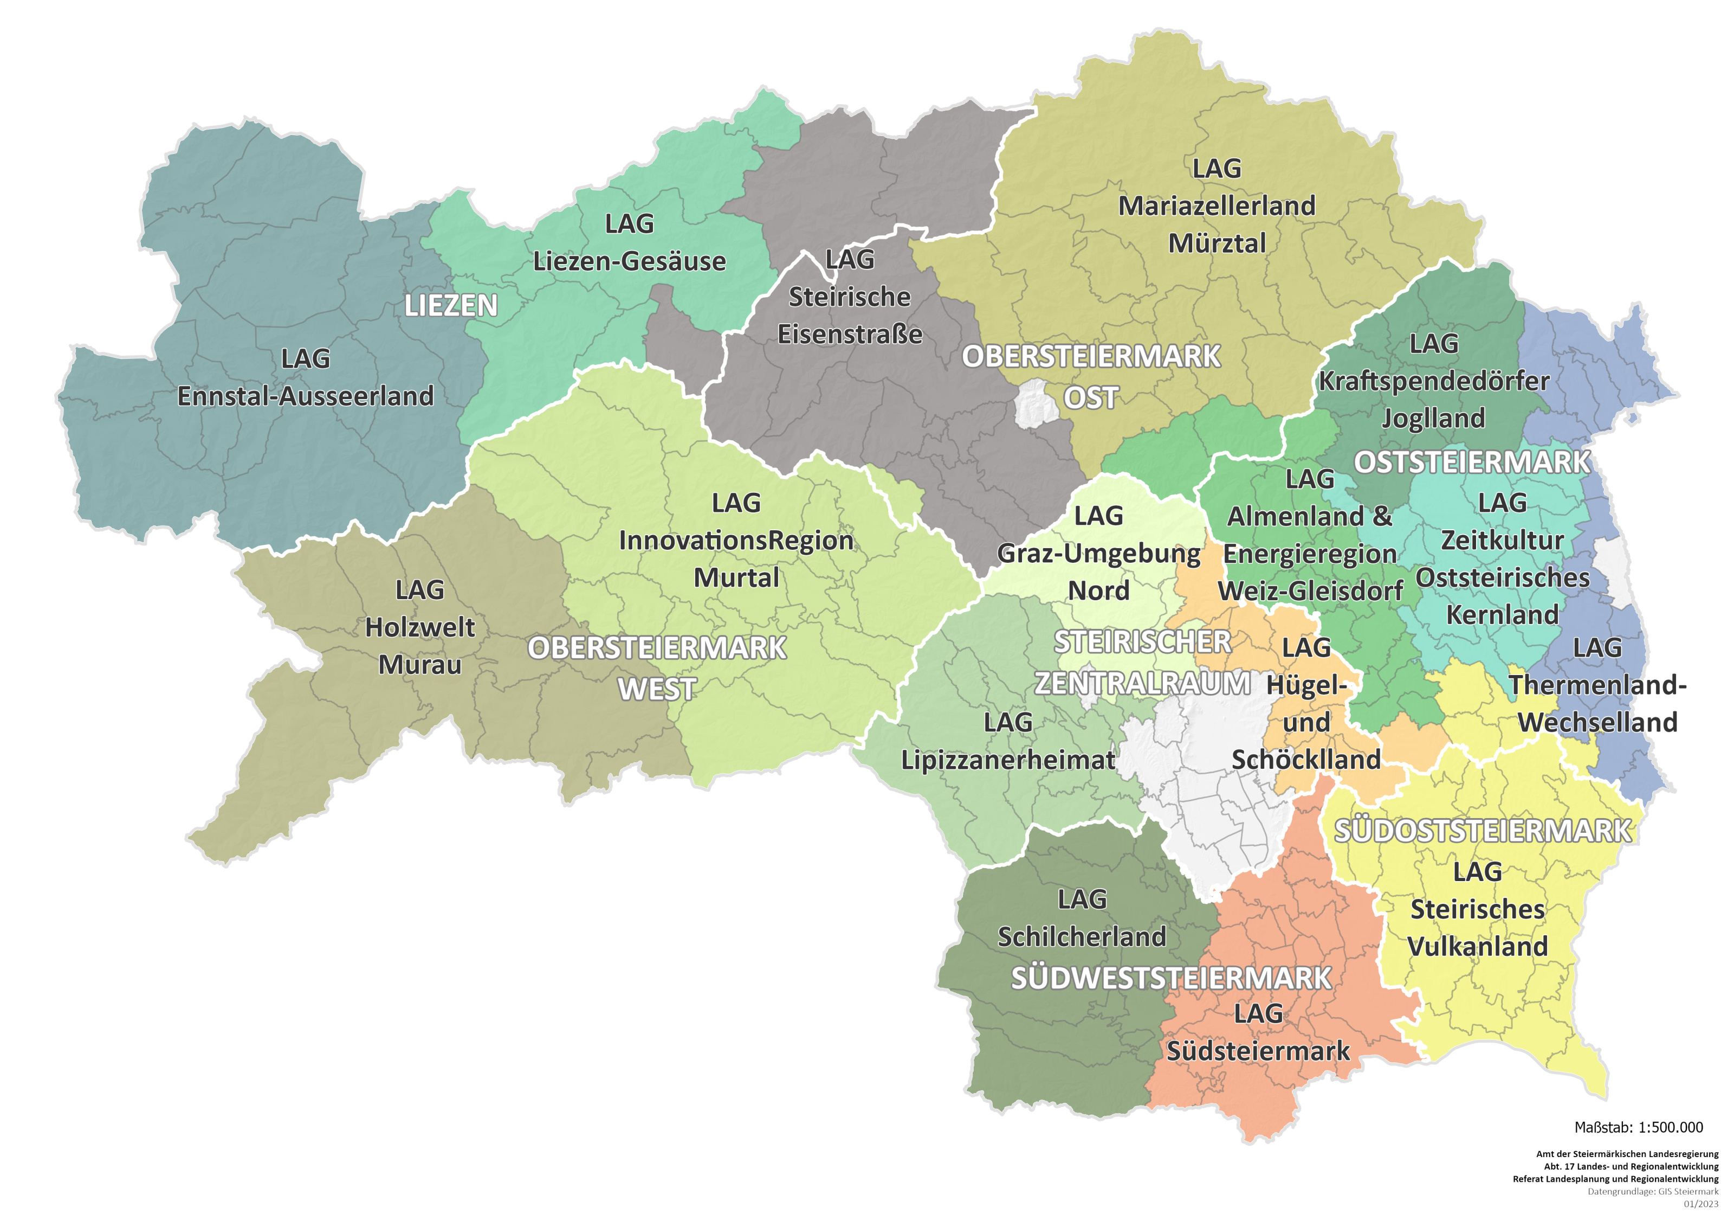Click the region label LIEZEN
coord(451,306)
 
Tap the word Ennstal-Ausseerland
coord(305,396)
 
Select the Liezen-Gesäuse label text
coord(629,261)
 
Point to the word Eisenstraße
coord(850,334)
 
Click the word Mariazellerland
coord(1216,205)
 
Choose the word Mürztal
coord(1216,243)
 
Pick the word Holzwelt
coord(420,627)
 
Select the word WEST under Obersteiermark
coord(657,689)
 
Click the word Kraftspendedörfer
coord(1433,381)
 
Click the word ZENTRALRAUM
coord(1142,683)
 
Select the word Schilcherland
coord(1082,937)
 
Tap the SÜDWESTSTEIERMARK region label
coord(1170,979)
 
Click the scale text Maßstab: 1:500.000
coord(1638,1127)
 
